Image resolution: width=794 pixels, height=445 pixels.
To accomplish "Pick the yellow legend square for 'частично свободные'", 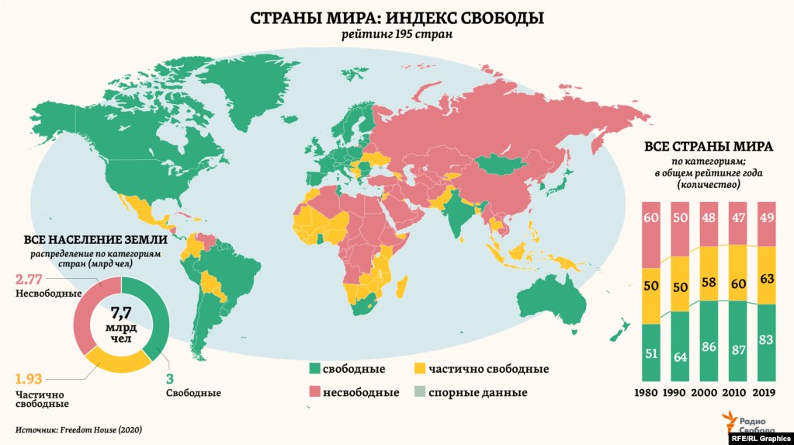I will coord(420,369).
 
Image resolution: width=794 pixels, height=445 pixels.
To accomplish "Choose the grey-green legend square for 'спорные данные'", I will coord(420,392).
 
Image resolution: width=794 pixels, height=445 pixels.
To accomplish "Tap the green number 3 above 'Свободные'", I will coord(170,379).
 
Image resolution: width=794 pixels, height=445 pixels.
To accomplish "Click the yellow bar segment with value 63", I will coord(765,276).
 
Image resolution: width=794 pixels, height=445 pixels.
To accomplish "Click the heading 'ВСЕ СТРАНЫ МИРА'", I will coord(707,148).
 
